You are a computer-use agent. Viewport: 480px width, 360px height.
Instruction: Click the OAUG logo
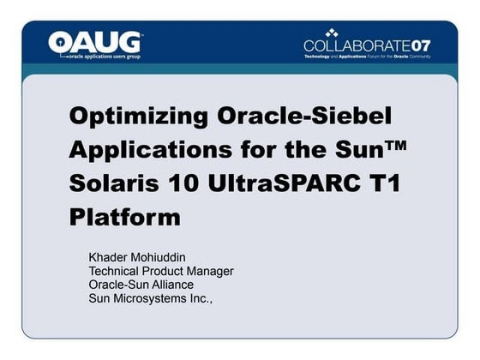point(95,42)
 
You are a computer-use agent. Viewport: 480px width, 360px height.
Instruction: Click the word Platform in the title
point(124,216)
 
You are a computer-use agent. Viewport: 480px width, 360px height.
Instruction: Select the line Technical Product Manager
point(161,271)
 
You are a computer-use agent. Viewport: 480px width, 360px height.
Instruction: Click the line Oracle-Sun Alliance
point(141,285)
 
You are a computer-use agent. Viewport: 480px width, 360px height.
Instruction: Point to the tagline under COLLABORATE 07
point(367,57)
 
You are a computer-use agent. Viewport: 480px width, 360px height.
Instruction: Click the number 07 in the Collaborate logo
point(420,45)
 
